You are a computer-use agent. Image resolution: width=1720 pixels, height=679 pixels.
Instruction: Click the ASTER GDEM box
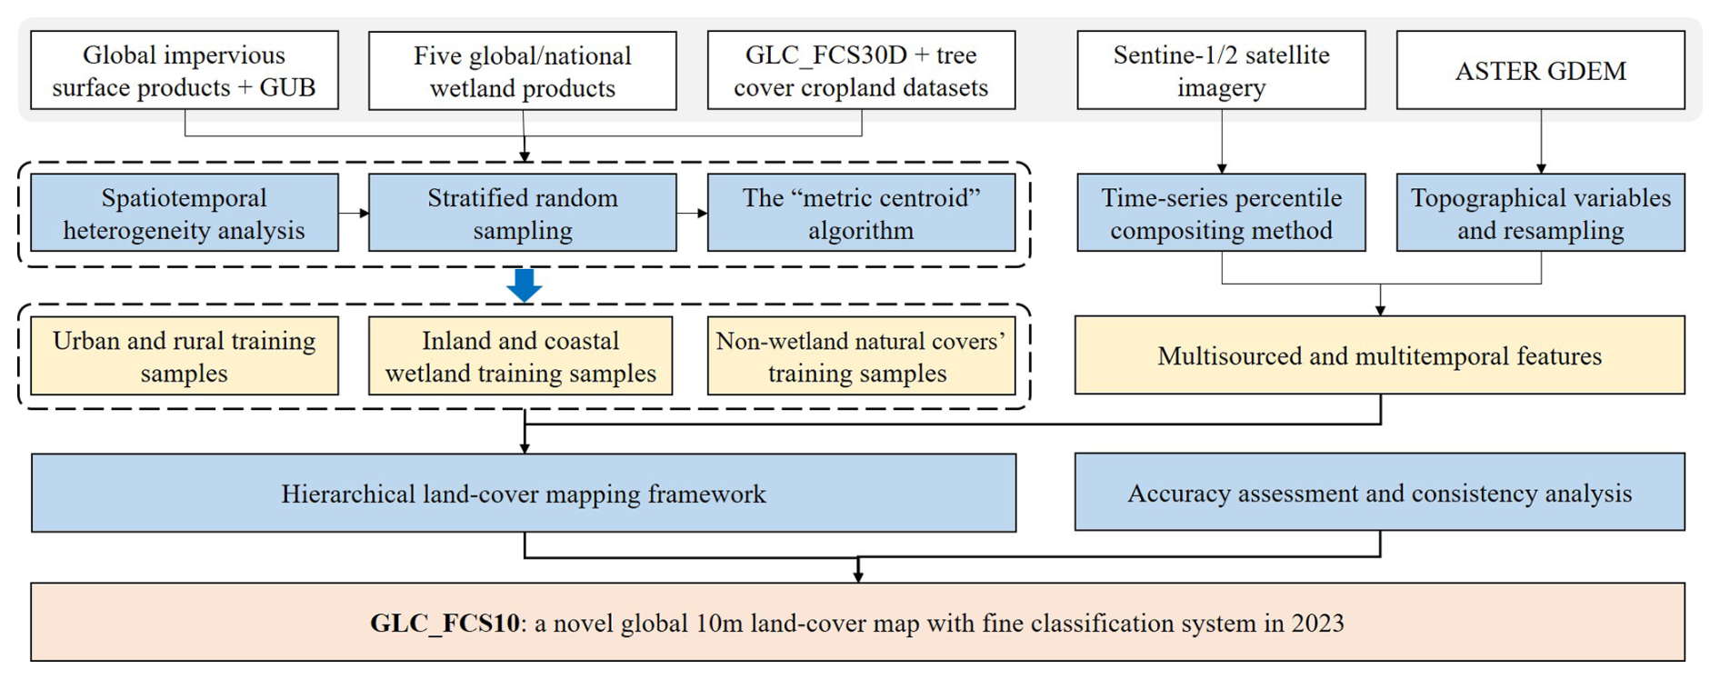1540,71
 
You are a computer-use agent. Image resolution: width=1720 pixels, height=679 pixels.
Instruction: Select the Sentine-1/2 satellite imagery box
1221,71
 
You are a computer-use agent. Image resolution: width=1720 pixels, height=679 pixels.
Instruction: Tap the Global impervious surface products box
185,71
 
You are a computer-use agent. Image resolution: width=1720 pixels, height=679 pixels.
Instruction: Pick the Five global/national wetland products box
523,71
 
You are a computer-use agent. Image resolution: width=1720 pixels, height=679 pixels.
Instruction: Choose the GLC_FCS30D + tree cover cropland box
861,71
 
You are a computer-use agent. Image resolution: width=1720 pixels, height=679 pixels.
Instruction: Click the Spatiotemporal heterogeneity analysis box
185,214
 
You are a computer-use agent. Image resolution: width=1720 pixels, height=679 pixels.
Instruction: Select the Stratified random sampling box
523,214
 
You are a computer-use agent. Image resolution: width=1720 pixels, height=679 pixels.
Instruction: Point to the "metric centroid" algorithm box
861,214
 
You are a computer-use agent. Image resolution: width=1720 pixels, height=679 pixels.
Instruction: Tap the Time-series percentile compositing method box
1221,214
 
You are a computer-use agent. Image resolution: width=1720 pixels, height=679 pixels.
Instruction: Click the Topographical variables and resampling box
1540,214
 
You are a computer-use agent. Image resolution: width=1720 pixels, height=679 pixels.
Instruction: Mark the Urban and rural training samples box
185,356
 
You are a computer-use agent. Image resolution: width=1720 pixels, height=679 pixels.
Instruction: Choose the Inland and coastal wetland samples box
520,356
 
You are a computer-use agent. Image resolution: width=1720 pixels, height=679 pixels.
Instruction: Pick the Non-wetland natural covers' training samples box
861,356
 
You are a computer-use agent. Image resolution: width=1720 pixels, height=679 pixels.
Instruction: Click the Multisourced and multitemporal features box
1379,355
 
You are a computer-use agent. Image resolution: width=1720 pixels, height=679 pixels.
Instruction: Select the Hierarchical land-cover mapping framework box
524,494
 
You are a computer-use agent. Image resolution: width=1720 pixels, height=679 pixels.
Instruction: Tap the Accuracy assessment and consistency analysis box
1379,493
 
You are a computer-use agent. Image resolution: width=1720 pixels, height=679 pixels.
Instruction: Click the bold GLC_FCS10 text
445,624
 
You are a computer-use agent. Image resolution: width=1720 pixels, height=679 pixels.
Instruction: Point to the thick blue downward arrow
525,285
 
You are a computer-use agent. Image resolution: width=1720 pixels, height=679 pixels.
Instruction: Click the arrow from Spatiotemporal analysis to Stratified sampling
354,214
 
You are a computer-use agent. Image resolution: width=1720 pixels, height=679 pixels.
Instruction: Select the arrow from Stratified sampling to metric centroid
692,214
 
